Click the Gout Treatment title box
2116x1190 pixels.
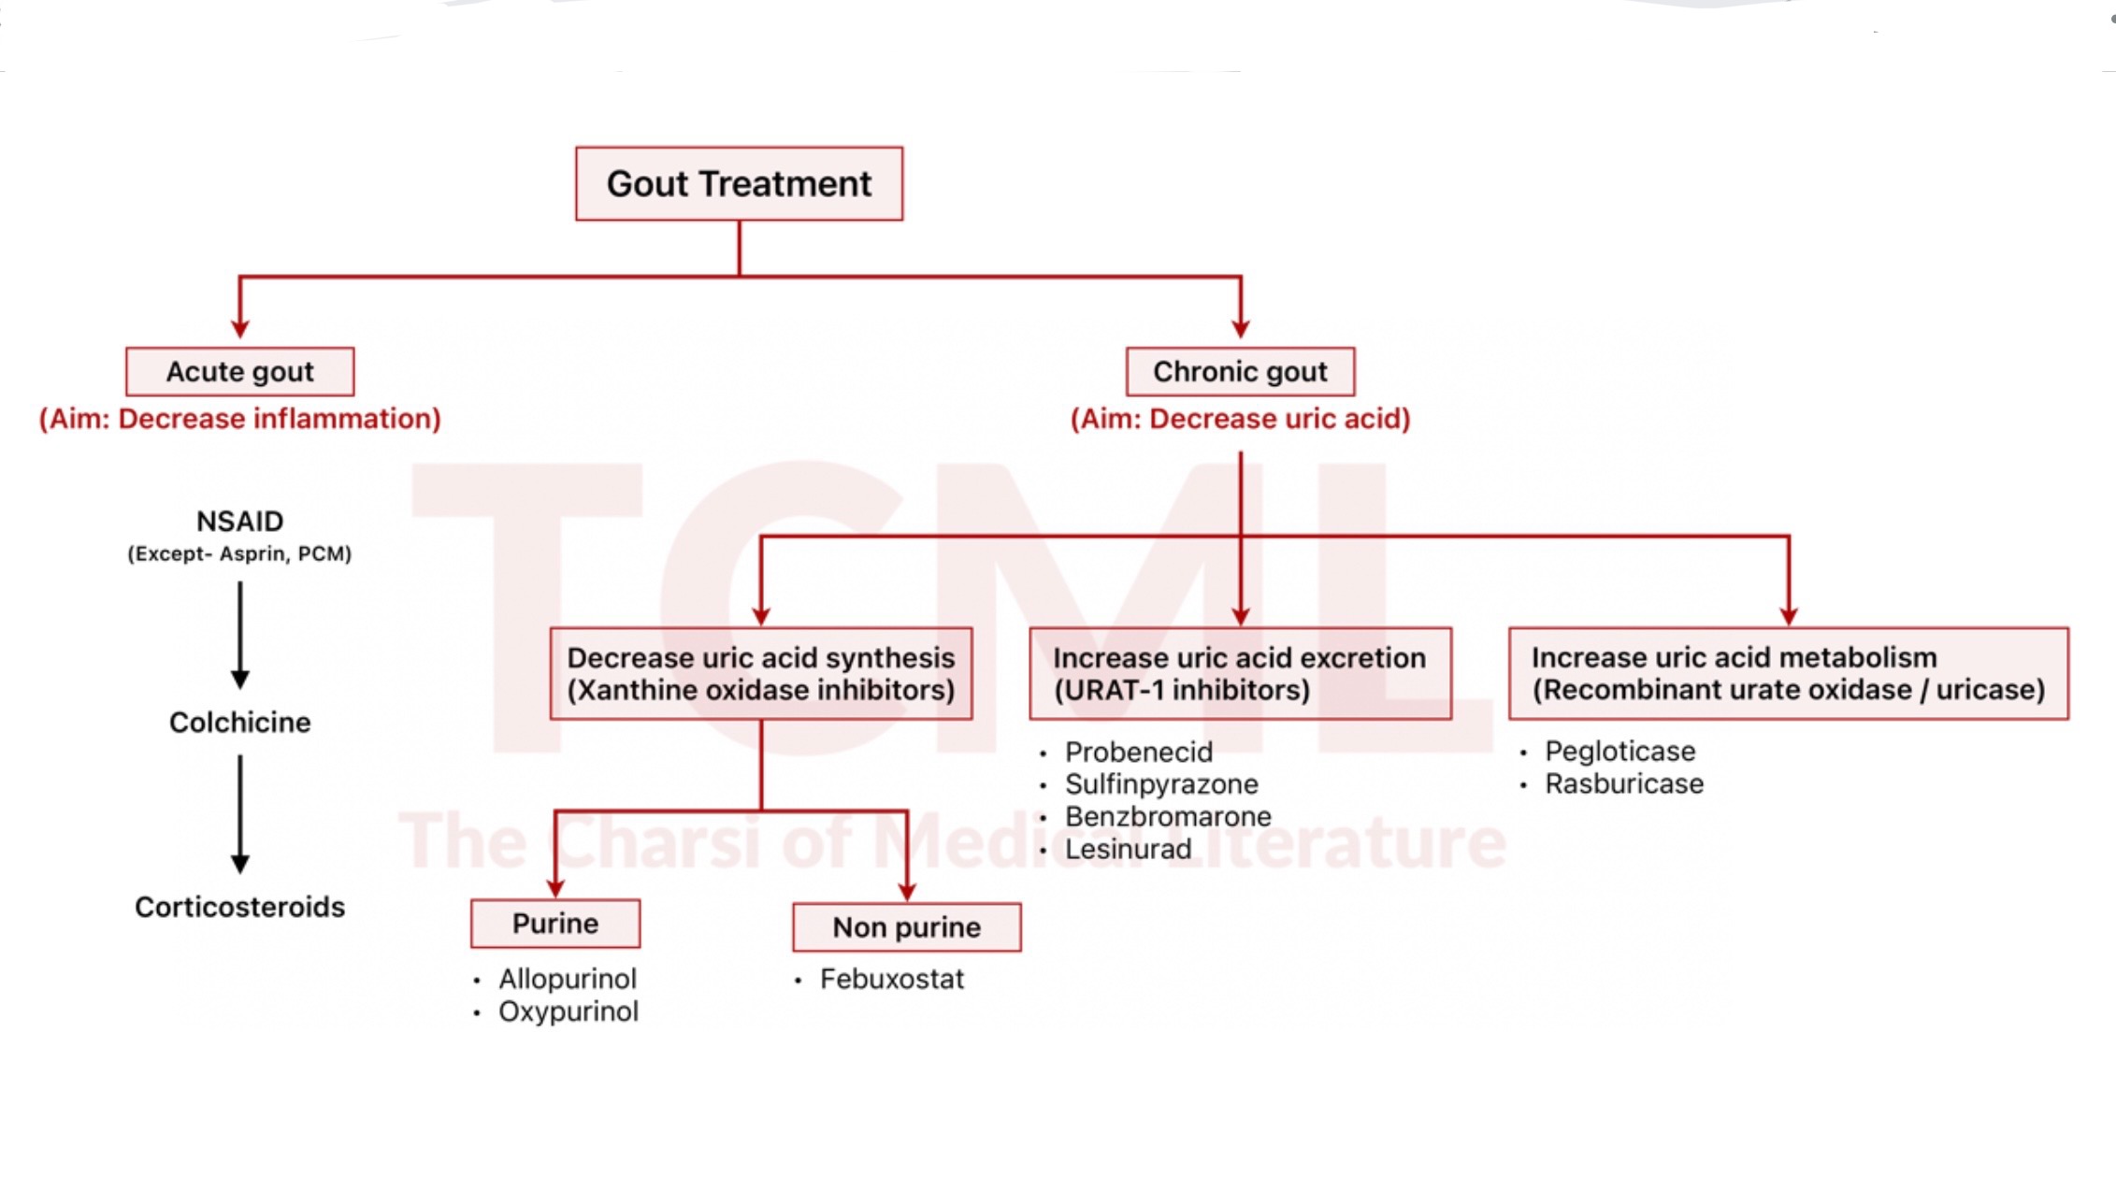(739, 183)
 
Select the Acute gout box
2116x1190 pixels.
(240, 372)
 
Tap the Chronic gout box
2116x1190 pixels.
(1240, 372)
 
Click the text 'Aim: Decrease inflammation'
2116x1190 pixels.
(240, 419)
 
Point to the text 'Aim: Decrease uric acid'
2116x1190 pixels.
(1240, 419)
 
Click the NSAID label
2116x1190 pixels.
(240, 521)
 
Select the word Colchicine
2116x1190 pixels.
(240, 722)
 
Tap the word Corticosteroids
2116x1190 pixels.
(240, 907)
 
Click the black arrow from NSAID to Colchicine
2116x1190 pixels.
(240, 635)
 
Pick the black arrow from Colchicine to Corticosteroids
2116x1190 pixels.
(240, 814)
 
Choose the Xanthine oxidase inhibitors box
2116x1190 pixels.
(761, 673)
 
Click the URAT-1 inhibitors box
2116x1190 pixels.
(1240, 673)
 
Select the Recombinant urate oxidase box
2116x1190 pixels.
(1788, 673)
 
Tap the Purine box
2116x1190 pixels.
(555, 924)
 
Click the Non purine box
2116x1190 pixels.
(907, 927)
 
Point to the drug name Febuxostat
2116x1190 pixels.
(892, 979)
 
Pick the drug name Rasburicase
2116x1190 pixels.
(1624, 783)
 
